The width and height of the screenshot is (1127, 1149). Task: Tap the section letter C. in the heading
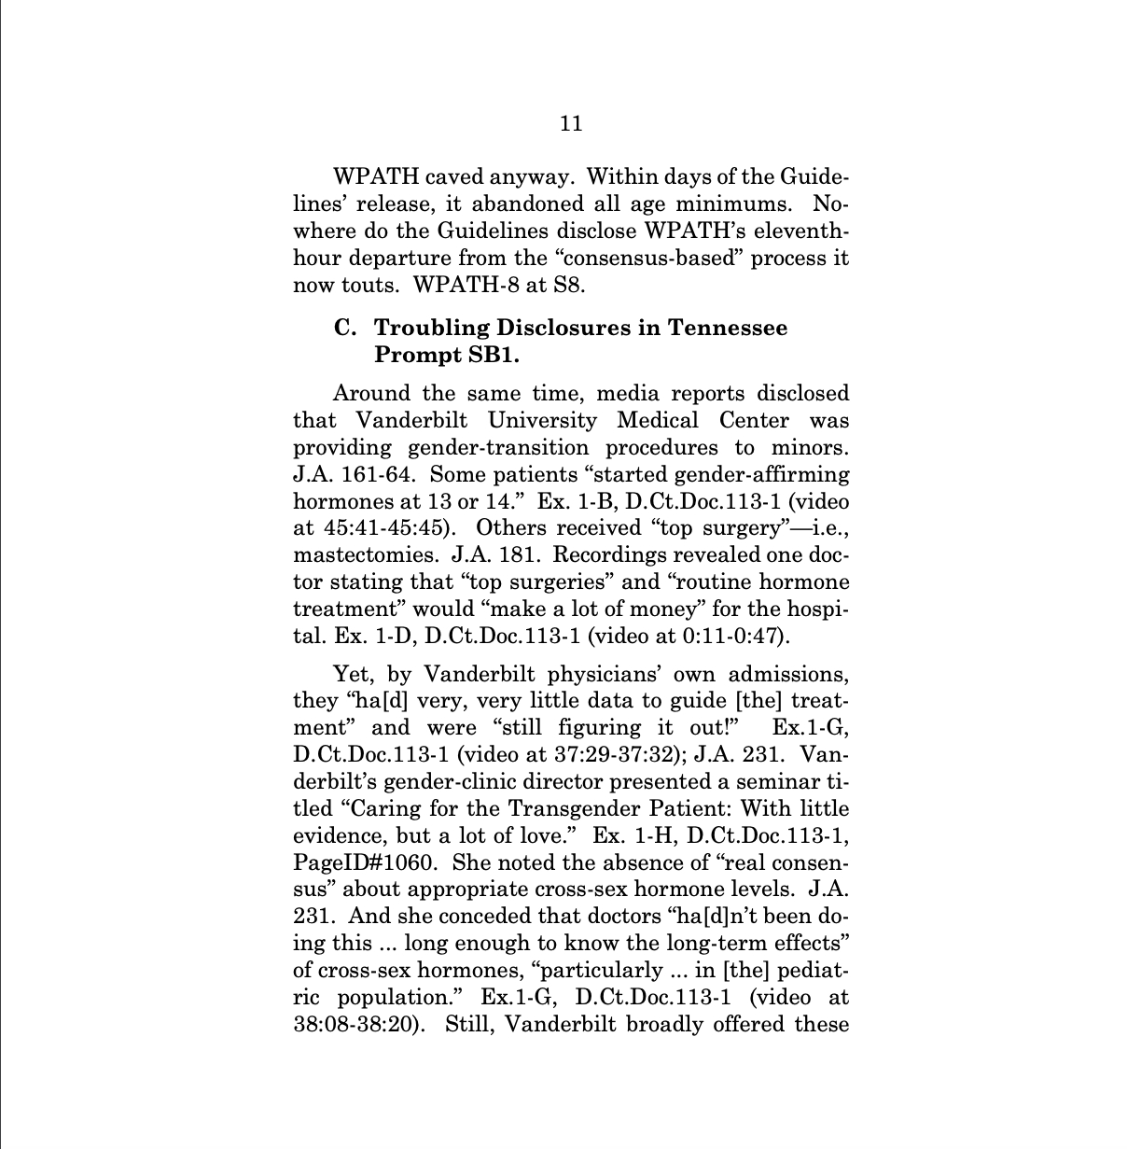[x=346, y=329]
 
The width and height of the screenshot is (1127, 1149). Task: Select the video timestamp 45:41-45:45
[x=373, y=528]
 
